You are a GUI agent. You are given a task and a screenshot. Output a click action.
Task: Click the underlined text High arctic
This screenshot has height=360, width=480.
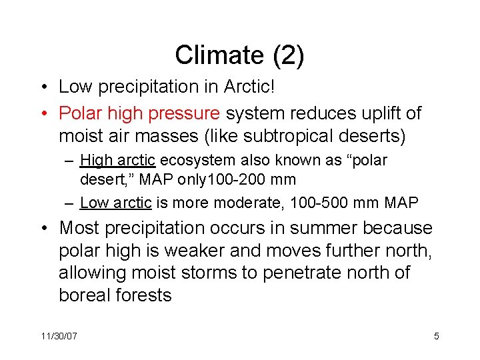point(117,161)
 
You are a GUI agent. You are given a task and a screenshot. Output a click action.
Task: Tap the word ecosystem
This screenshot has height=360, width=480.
point(191,161)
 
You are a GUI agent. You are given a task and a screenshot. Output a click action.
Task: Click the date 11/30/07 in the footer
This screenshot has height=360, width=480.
point(59,336)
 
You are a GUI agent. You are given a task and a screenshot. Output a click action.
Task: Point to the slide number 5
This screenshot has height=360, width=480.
point(436,336)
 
